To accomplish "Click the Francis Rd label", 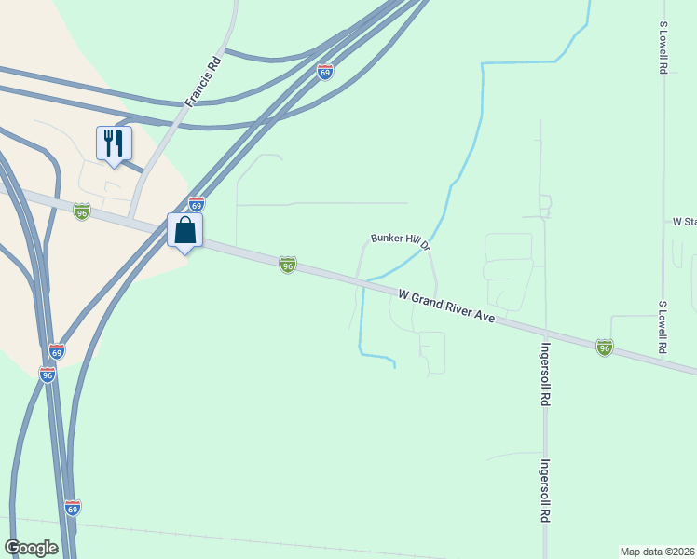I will (202, 81).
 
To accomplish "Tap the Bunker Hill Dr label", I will (399, 241).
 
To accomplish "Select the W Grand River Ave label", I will (444, 307).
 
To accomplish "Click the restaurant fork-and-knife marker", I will (114, 143).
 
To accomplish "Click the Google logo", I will (31, 548).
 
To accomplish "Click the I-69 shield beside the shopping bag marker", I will (196, 203).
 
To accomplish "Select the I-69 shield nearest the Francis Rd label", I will (324, 72).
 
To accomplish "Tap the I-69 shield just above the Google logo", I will (74, 508).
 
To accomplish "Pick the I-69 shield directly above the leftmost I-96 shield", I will (57, 351).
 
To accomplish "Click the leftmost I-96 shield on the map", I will (48, 375).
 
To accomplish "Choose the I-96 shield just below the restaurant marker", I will (82, 211).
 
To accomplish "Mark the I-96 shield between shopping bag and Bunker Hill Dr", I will (288, 266).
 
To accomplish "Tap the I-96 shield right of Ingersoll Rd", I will (605, 347).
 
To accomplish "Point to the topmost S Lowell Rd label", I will (663, 48).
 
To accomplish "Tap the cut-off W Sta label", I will (684, 222).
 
